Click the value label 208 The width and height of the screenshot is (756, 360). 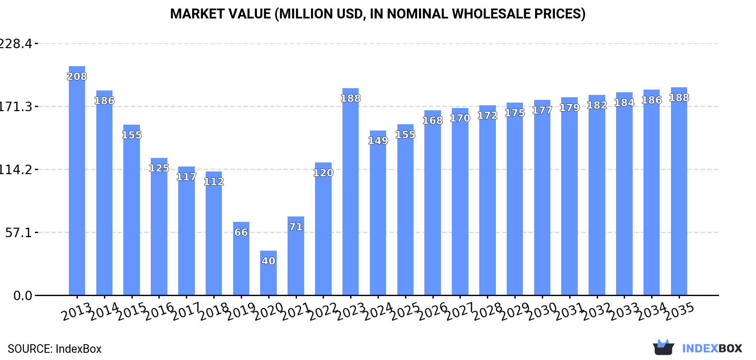tap(77, 76)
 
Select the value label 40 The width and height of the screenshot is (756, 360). tap(268, 261)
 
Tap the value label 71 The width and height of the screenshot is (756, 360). tap(296, 227)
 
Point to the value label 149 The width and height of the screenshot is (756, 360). tap(378, 141)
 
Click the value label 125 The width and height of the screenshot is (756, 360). tap(159, 168)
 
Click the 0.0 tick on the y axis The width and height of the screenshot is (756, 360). tap(22, 296)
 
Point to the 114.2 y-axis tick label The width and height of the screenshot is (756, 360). tap(15, 170)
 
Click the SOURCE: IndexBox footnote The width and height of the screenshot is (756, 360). tap(54, 349)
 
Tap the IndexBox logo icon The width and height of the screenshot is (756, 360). tap(663, 347)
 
